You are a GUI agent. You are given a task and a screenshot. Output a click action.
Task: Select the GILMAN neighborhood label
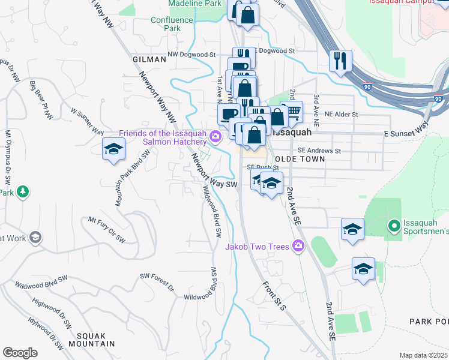[149, 59]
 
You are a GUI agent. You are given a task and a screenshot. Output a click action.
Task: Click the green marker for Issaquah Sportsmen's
[394, 227]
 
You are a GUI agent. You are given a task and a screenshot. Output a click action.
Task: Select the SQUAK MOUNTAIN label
[91, 340]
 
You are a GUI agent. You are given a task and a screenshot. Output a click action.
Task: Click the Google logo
[20, 353]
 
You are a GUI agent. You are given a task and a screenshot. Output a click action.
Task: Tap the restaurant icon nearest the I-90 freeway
[340, 60]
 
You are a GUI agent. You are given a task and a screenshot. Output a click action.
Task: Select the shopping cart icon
[292, 110]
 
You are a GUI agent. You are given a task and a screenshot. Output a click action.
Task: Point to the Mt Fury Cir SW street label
[106, 229]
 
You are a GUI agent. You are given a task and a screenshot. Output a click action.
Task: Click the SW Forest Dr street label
[157, 282]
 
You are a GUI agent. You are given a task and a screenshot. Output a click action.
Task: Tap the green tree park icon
[22, 191]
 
